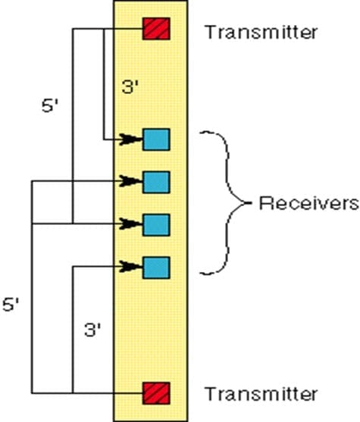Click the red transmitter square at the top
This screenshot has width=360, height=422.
tap(157, 30)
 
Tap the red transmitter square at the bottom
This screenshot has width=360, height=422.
tap(157, 392)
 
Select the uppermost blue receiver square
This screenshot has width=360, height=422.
tap(156, 139)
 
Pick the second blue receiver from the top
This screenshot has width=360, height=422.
tap(156, 182)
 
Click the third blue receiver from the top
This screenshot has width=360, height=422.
tap(156, 224)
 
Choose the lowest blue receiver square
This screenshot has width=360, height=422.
tap(156, 267)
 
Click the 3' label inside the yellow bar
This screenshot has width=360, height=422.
tap(131, 89)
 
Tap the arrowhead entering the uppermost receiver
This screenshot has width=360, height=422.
tap(136, 139)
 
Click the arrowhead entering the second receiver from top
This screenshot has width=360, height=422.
tap(136, 182)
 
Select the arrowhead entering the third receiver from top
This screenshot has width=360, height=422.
tap(136, 224)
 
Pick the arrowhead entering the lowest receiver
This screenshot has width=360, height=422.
tap(136, 267)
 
